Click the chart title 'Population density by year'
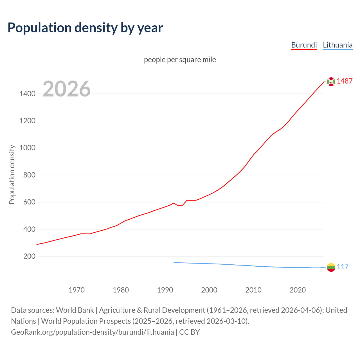85,28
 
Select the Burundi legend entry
304,45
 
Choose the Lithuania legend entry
337,45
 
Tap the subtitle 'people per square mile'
180,60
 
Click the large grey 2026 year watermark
67,89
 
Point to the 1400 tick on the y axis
27,94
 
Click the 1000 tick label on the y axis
27,148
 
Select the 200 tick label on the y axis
29,256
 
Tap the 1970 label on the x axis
76,290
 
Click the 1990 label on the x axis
165,290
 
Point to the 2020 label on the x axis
298,290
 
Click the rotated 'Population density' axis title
12,174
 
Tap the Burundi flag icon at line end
331,82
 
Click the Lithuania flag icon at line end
331,267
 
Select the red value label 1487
345,81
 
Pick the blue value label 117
343,267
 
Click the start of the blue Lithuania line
174,262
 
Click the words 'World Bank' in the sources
75,310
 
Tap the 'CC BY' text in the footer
189,332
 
